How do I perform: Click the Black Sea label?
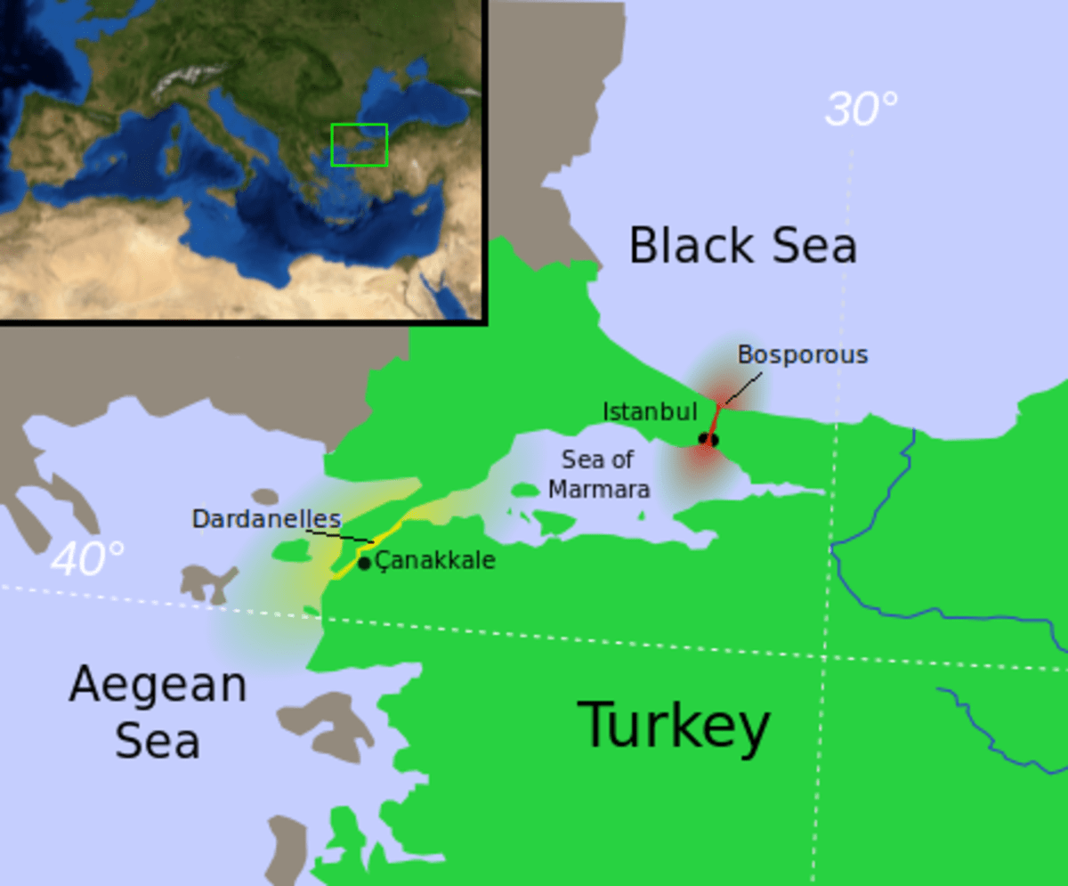pos(742,246)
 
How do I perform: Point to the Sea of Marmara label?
pos(598,474)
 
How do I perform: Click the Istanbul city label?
pos(650,411)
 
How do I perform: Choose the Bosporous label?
pos(802,354)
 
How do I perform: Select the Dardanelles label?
pos(266,518)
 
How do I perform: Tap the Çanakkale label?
pos(435,560)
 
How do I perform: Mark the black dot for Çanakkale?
pos(364,563)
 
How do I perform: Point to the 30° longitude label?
pos(861,110)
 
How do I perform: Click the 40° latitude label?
pos(87,559)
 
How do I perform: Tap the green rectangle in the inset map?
pos(359,144)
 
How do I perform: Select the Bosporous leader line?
pos(740,389)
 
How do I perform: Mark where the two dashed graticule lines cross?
pos(823,656)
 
